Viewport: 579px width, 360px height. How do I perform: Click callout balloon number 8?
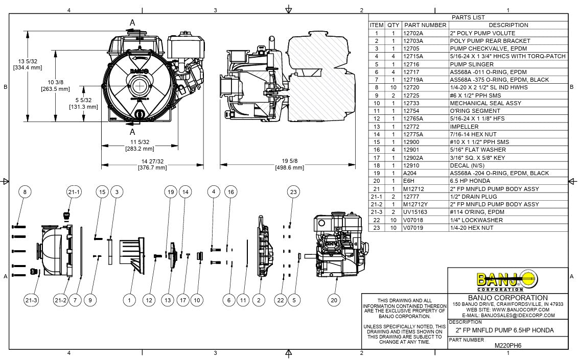click(25, 192)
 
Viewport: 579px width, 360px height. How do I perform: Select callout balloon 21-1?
click(75, 192)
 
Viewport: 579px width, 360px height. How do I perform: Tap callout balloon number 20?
click(334, 300)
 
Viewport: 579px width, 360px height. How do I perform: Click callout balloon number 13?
click(167, 300)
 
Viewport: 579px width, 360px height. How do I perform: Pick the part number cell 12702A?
click(414, 33)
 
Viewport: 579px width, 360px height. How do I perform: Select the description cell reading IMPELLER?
click(464, 127)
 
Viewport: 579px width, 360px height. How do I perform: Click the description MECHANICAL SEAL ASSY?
click(478, 103)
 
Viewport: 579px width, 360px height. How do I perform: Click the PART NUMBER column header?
click(425, 25)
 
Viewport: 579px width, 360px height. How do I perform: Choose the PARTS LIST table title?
click(468, 17)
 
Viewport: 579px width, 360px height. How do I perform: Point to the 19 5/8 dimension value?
click(289, 161)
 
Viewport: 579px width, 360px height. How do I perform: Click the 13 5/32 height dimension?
click(27, 61)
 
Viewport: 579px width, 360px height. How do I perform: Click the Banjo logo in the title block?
click(507, 280)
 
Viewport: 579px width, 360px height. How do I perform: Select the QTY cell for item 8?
click(393, 87)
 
